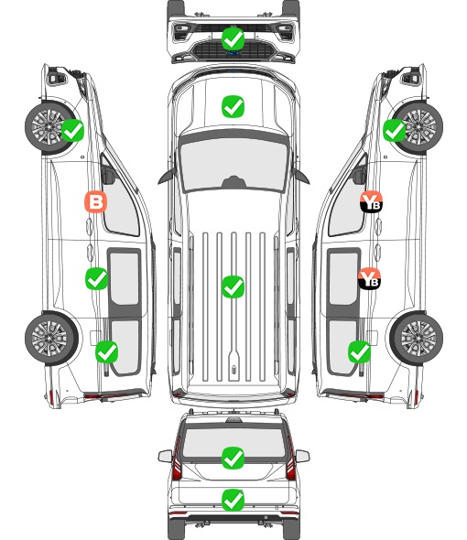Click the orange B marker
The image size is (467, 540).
96,201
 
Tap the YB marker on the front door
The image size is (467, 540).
371,201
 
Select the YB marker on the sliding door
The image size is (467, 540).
369,278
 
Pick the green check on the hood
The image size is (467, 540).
233,106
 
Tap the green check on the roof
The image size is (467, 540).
233,286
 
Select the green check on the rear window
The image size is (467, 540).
233,458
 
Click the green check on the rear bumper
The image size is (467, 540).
233,500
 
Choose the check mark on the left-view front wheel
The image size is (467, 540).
72,130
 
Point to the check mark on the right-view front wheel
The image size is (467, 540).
395,130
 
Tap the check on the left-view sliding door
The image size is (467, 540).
96,278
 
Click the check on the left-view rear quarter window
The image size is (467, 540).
107,351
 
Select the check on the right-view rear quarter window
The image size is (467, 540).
360,351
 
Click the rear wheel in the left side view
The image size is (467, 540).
51,339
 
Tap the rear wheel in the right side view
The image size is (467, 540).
417,339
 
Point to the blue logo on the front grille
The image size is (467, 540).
233,53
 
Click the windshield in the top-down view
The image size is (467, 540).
233,165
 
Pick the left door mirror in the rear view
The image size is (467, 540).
165,456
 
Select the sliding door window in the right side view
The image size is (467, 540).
343,278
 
